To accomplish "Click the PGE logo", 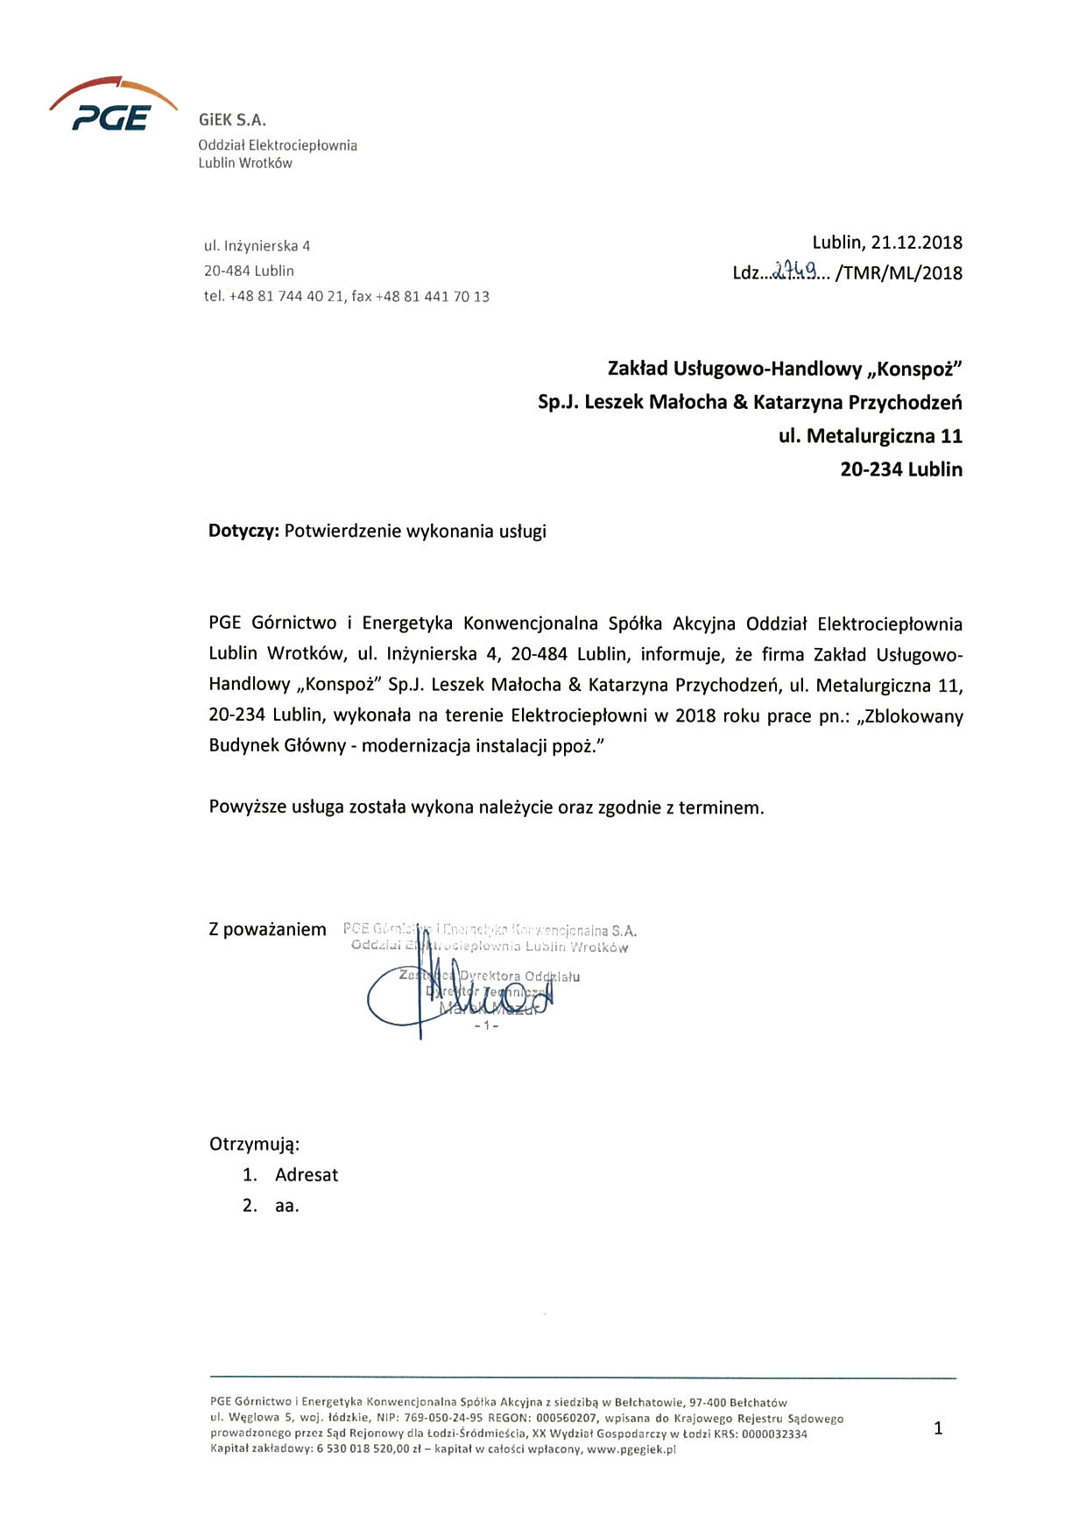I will point(112,107).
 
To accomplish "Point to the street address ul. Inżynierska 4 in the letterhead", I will point(257,246).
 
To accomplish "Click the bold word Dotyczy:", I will point(243,531).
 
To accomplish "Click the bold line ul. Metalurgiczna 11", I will point(870,435).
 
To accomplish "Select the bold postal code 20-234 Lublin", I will point(900,469).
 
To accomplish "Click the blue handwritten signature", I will point(455,995).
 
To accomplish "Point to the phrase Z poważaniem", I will point(267,930).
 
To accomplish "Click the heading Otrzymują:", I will point(254,1145).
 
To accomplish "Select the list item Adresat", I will point(306,1175).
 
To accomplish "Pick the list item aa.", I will point(286,1206).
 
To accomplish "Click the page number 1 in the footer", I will point(938,1428).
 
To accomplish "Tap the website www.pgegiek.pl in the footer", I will point(631,1449).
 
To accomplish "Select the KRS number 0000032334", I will point(774,1434).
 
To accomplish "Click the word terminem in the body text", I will point(723,807).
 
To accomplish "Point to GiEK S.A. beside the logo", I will point(232,120).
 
